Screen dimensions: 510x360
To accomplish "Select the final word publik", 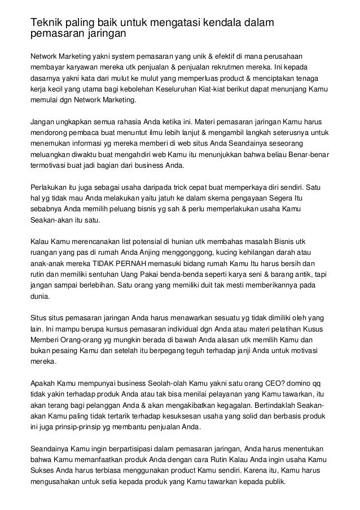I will coord(274,482).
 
